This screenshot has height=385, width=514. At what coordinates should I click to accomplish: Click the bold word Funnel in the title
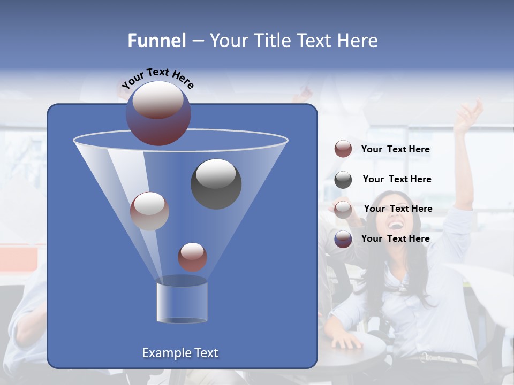point(157,41)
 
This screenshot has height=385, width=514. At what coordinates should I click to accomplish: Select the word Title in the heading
point(272,41)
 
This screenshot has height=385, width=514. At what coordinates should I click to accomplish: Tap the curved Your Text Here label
point(158,78)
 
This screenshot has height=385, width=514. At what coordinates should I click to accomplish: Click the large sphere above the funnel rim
point(158,113)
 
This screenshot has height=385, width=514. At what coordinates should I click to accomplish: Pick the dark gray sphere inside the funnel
point(216,184)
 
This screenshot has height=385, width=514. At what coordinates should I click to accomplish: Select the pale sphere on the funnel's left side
point(149,211)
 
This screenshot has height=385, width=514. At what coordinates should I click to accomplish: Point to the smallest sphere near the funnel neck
point(192,257)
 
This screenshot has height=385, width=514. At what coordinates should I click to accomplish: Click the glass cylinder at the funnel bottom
point(182,300)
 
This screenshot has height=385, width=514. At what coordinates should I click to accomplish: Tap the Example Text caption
point(180,353)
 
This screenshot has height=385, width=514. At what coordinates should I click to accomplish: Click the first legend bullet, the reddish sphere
point(343,149)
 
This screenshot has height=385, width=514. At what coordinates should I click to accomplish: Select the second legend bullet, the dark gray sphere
point(343,180)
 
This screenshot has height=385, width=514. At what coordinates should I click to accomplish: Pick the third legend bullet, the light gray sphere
point(343,209)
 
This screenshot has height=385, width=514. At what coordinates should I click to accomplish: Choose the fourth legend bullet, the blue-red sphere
point(343,239)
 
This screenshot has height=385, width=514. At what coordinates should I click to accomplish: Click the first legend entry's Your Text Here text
point(395,149)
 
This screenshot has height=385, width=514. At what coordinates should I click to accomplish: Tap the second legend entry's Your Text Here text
point(397,179)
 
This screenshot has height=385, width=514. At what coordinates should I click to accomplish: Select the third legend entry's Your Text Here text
point(398,209)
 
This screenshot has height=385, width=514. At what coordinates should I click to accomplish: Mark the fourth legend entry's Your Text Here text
point(395,238)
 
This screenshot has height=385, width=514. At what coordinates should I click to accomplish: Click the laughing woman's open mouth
point(396,225)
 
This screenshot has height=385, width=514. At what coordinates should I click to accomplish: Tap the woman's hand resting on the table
point(346,340)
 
